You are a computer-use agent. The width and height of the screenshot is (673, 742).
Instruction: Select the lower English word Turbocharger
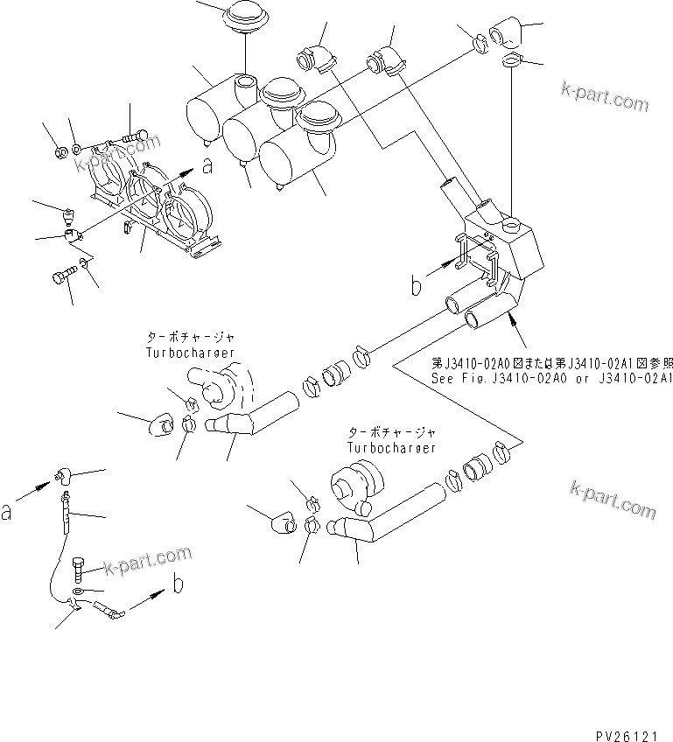pos(391,447)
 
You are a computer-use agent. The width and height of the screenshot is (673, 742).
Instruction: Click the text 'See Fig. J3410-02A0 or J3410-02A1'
pos(551,379)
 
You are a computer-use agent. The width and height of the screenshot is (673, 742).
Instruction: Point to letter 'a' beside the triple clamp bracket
pos(207,166)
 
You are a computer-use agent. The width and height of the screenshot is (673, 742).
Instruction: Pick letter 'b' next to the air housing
pos(417,285)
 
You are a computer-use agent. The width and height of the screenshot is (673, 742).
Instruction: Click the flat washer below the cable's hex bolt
pos(80,592)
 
